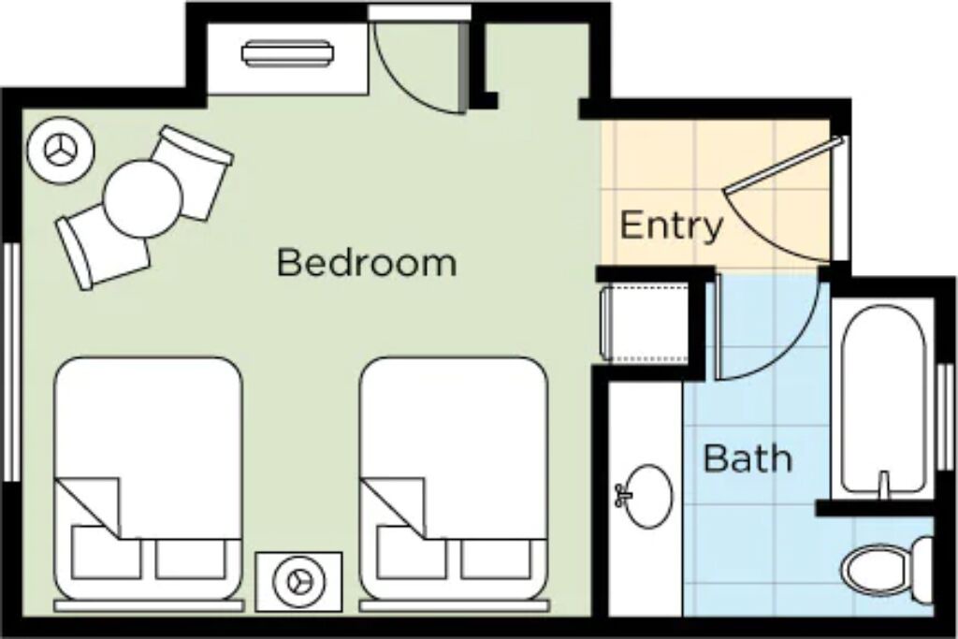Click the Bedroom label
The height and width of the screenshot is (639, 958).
367,262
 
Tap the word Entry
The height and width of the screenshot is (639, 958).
671,226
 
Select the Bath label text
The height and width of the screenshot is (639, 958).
748,457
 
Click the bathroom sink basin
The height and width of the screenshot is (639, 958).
647,496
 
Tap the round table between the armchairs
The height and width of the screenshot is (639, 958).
143,198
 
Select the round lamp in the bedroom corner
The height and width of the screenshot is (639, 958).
61,149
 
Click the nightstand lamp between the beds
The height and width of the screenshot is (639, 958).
298,581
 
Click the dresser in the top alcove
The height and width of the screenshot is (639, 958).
287,52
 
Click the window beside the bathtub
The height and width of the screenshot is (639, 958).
945,417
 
